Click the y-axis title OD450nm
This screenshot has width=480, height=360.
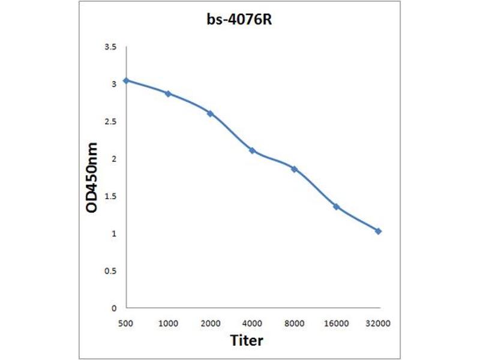[92, 177]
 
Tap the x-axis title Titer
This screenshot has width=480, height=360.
[247, 341]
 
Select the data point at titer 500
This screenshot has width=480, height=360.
[126, 80]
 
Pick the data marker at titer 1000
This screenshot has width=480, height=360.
[168, 94]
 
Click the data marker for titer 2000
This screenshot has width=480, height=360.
[210, 113]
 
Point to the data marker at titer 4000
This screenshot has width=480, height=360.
[252, 150]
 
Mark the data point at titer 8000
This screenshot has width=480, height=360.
[294, 169]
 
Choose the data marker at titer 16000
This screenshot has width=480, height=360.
[336, 206]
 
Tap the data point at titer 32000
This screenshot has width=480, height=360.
[378, 231]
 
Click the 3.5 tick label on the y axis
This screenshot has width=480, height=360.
[110, 47]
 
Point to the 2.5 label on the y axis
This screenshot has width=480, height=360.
[110, 122]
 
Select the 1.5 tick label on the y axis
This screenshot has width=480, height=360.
[110, 196]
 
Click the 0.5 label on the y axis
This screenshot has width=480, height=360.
[110, 271]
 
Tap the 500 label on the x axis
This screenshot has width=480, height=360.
[126, 323]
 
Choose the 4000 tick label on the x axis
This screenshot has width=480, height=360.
[252, 323]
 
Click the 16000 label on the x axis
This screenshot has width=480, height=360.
[336, 323]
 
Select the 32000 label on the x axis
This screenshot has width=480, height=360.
[378, 323]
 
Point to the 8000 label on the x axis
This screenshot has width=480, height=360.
[294, 323]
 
